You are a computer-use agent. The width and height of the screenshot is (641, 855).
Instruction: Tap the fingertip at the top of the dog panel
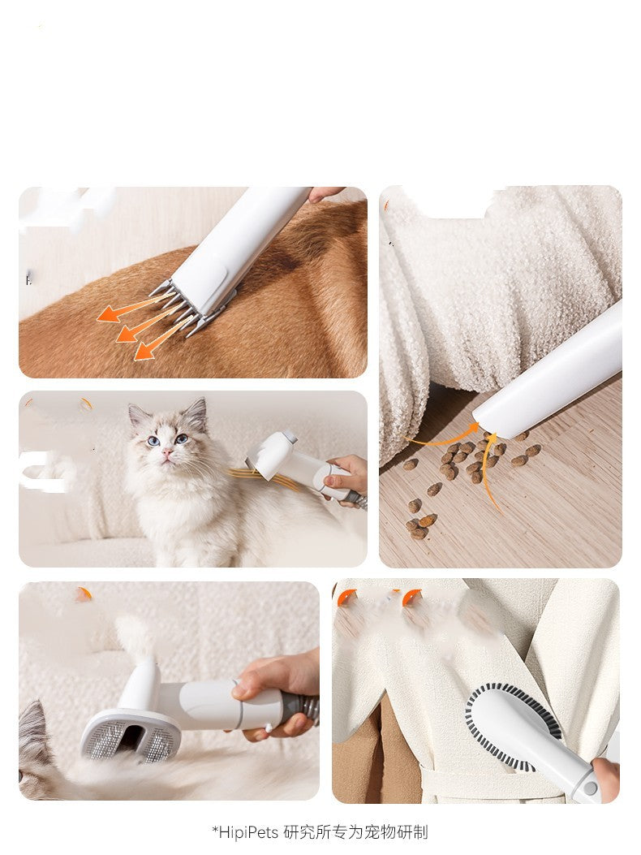coord(326,194)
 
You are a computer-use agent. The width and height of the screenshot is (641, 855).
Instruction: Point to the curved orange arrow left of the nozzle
coord(442,439)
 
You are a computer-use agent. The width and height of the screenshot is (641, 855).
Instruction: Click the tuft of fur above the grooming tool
coord(133,637)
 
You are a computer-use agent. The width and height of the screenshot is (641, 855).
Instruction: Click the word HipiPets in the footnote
coord(250,832)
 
